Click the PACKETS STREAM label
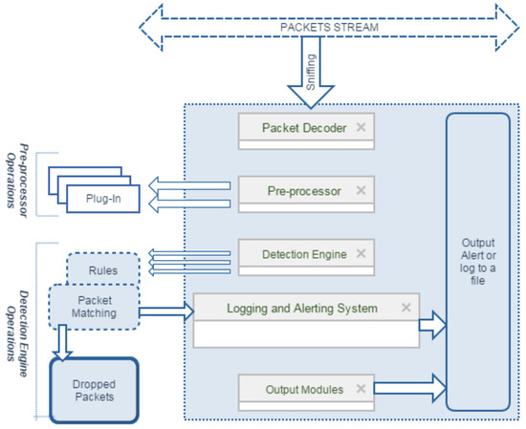329,27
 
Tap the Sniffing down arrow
311,72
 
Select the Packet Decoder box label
304,128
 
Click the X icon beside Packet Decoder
361,127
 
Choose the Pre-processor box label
304,191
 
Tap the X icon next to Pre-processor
361,190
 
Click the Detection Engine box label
304,254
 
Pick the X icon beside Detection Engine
361,253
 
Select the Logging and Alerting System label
302,309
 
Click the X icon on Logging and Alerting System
406,308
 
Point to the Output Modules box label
304,390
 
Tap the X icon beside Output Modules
361,389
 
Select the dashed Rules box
103,269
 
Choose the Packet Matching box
94,307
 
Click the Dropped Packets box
94,391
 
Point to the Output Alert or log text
477,262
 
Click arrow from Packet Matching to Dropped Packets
62,342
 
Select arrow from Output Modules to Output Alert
410,388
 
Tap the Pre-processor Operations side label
17,181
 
